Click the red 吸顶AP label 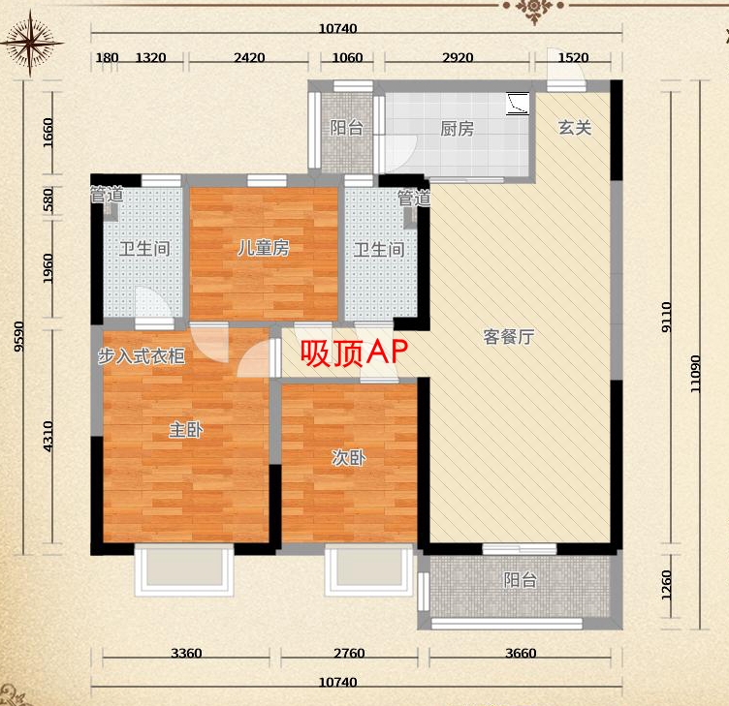tap(354, 353)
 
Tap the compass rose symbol tap(31, 44)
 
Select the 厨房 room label tap(457, 129)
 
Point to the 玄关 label tap(575, 127)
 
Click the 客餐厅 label tap(509, 336)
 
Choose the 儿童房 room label tap(264, 248)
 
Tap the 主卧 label tap(186, 429)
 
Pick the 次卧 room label tap(349, 458)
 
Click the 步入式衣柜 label tap(142, 355)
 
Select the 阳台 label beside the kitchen tap(347, 128)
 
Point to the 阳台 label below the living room tap(521, 580)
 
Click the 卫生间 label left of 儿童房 tap(144, 249)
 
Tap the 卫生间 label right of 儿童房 tap(379, 250)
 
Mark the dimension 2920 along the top tap(458, 57)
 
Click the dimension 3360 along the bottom tap(186, 653)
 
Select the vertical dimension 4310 tap(48, 436)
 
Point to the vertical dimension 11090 tap(695, 374)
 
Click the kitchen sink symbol tap(518, 103)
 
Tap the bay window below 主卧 tap(184, 569)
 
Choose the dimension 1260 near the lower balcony tap(666, 585)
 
